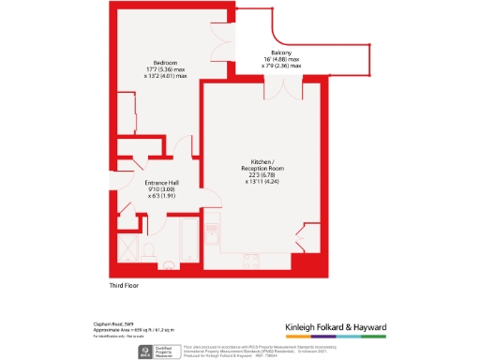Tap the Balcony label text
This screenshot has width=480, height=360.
tap(282, 52)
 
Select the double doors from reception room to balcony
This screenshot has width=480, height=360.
tap(284, 90)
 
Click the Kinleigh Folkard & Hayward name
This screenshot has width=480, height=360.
tap(336, 327)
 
